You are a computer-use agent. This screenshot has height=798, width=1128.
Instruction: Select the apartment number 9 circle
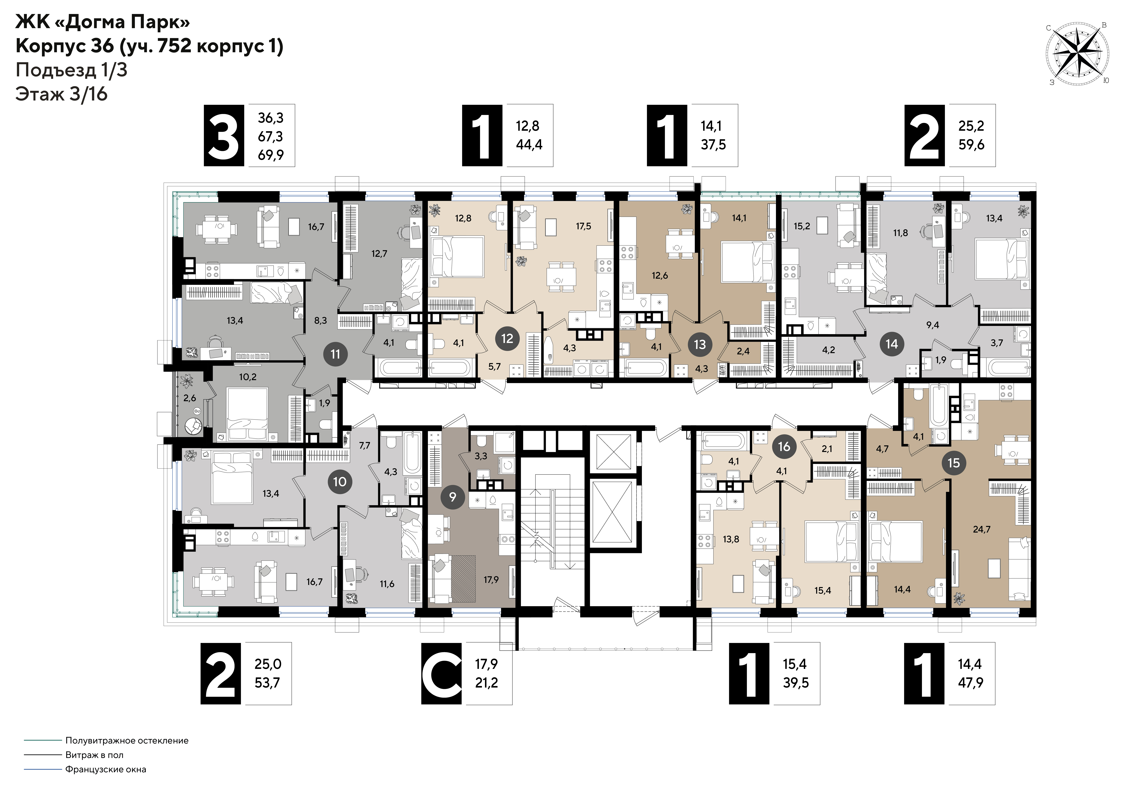pyautogui.click(x=453, y=497)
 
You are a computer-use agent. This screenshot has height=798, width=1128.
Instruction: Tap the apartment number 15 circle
pyautogui.click(x=954, y=463)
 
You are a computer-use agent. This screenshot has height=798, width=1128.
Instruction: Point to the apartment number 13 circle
pyautogui.click(x=700, y=344)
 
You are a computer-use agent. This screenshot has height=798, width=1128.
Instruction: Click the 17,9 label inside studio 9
pyautogui.click(x=491, y=580)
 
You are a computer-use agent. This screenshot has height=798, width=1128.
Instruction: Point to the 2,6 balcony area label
pyautogui.click(x=190, y=398)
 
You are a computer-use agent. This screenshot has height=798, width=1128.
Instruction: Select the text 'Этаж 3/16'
pyautogui.click(x=61, y=93)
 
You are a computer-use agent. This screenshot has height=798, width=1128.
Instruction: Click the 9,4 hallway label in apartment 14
pyautogui.click(x=933, y=325)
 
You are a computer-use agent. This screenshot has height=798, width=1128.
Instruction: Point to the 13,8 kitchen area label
pyautogui.click(x=731, y=539)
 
